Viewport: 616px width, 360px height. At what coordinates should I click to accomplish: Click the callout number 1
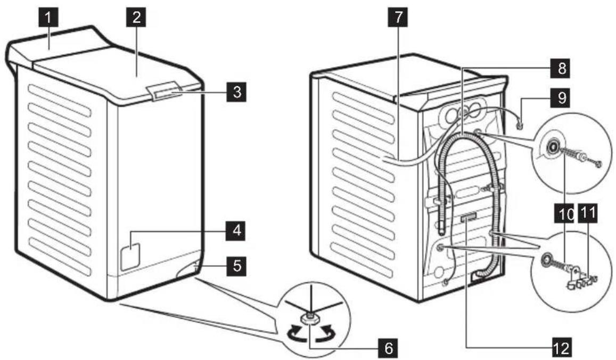(x=48, y=18)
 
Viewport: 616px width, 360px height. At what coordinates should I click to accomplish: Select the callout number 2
(x=136, y=18)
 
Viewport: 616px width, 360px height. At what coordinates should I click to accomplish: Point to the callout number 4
(x=236, y=231)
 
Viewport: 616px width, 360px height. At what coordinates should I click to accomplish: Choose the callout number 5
(x=236, y=266)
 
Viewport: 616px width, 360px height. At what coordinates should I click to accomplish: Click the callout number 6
(x=388, y=348)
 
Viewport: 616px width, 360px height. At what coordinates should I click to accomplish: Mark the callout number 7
(x=398, y=18)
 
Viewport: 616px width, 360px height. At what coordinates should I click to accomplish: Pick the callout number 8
(x=562, y=68)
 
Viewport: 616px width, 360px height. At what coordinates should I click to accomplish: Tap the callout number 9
(x=562, y=98)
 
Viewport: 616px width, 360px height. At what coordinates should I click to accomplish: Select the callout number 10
(x=564, y=214)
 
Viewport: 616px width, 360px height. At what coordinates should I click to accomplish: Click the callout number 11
(x=588, y=214)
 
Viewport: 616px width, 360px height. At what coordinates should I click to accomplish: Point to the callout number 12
(x=562, y=347)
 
